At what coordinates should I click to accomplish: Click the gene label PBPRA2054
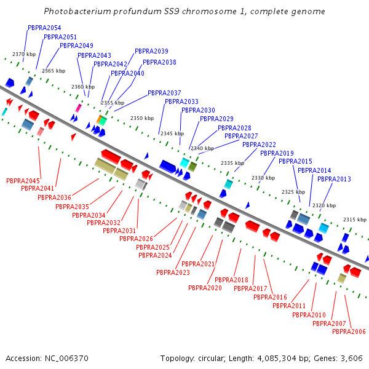[44, 28]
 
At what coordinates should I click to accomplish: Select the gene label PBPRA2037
[164, 93]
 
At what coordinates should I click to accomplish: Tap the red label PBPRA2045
[23, 181]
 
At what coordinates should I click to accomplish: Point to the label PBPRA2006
[349, 331]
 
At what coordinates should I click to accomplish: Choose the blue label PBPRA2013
[334, 179]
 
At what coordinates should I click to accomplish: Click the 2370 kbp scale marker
[23, 55]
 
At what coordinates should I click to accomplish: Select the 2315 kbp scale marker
[354, 220]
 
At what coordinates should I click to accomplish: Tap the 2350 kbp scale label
[141, 118]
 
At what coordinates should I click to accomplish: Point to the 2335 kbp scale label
[232, 163]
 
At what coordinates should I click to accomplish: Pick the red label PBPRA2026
[136, 239]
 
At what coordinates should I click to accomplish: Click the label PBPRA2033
[181, 101]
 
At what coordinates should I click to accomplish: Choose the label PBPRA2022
[259, 145]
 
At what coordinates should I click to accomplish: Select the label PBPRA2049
[76, 46]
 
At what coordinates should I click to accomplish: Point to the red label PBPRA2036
[54, 197]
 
